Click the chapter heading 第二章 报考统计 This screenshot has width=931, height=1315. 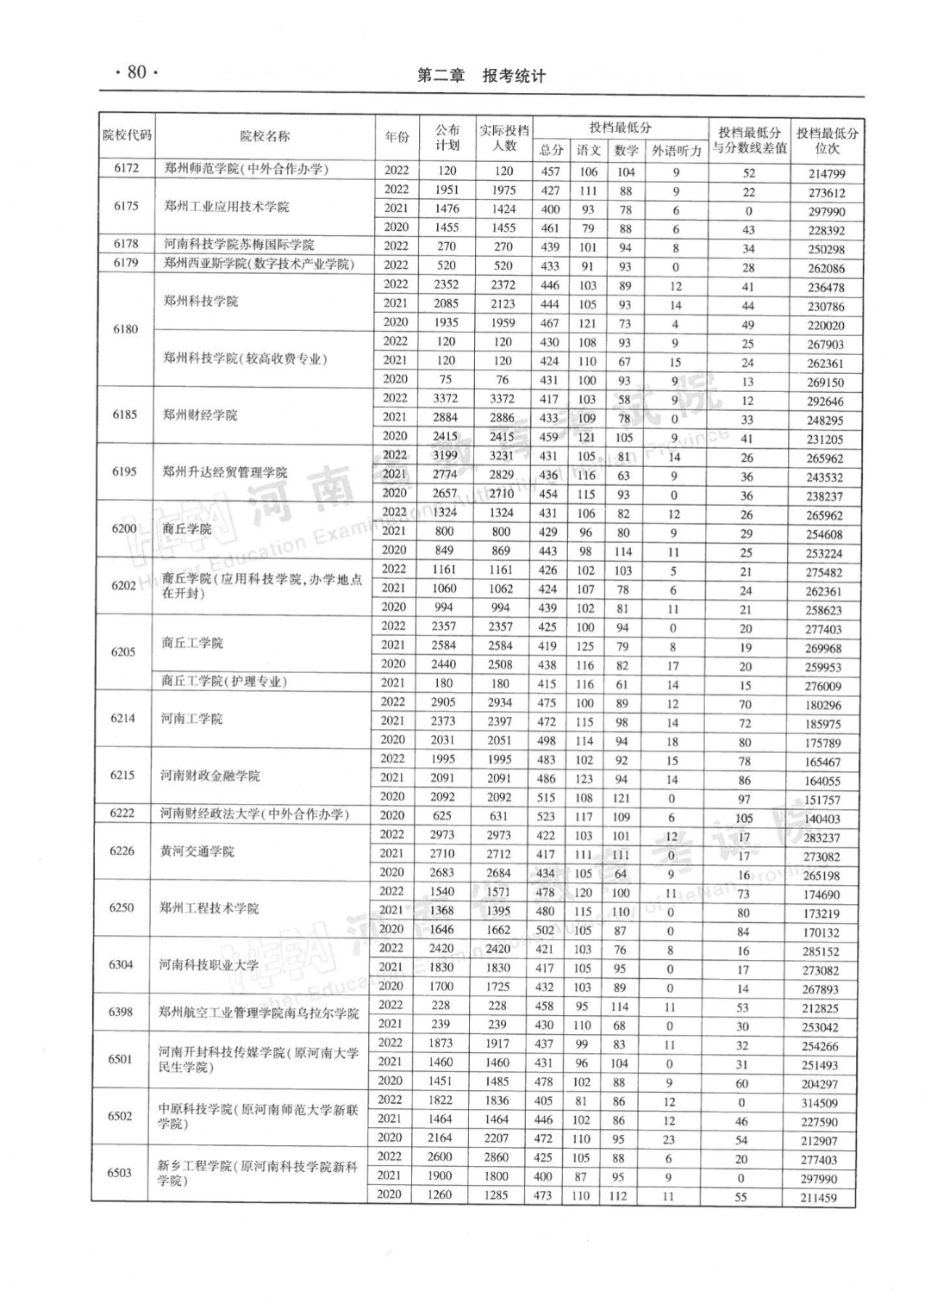tap(481, 76)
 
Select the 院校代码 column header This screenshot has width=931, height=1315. tap(127, 135)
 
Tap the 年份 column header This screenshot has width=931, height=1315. tap(397, 137)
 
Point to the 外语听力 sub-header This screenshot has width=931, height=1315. tap(676, 151)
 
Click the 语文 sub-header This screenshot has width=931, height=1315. tap(588, 151)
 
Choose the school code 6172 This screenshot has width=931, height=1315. tap(126, 169)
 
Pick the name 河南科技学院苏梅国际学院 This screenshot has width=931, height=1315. tap(239, 245)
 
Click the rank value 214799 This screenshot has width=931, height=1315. tap(826, 173)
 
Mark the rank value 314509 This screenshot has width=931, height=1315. tap(819, 1104)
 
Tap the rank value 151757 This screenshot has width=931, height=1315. tap(822, 801)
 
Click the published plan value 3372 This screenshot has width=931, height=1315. tap(445, 399)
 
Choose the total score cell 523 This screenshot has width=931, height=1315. tap(546, 816)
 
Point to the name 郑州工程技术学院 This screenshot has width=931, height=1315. tap(209, 908)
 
